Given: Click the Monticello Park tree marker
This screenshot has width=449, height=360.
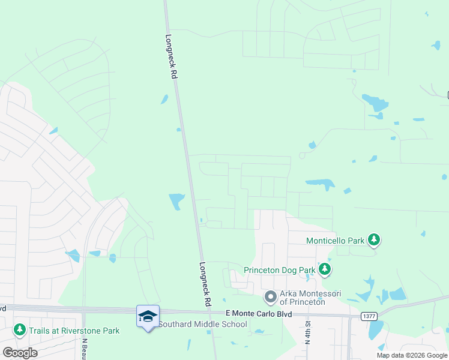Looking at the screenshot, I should (374, 241).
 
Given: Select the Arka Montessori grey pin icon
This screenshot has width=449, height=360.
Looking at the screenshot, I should (271, 296).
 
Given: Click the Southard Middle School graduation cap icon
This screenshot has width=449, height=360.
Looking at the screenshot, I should (148, 316).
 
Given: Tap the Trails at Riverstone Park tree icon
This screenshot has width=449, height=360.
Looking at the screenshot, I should (20, 330).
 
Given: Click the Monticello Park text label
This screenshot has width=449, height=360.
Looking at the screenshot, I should (336, 241).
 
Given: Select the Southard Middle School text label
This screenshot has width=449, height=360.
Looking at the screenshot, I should (202, 325).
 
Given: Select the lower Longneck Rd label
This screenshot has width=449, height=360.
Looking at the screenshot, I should (205, 285).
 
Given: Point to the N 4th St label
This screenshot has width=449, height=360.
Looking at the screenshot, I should (307, 331).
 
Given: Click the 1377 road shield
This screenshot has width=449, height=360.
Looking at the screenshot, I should (369, 316).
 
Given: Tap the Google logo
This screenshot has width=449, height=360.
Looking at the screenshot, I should (20, 352).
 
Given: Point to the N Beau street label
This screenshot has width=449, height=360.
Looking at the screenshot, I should (85, 346).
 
